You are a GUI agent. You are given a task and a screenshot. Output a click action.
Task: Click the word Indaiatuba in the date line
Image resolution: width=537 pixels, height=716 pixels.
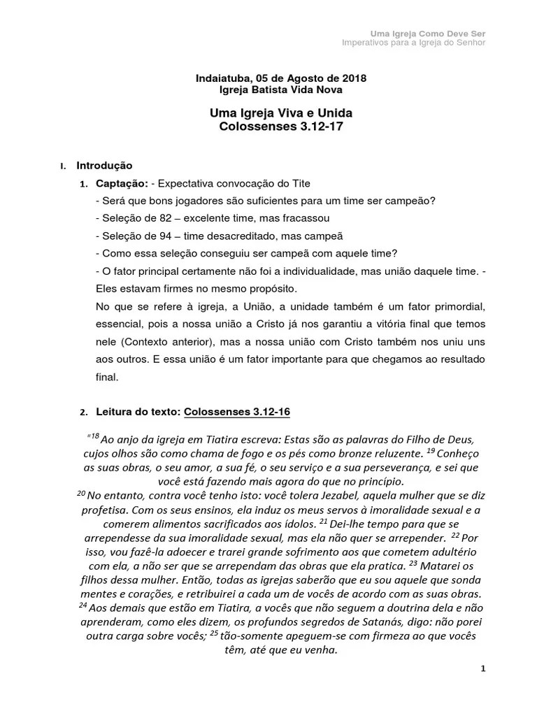coord(218,78)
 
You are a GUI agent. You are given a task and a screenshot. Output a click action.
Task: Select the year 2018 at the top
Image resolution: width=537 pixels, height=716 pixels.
coord(354,78)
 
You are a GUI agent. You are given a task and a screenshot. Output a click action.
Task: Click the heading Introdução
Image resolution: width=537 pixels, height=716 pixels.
coord(103,166)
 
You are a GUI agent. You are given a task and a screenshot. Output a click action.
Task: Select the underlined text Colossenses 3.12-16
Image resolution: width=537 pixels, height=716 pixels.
coord(236,412)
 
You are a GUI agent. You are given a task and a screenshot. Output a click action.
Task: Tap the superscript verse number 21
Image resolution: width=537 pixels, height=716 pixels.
coord(323,522)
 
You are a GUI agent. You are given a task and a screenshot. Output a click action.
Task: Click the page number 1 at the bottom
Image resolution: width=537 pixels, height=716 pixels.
coord(482,668)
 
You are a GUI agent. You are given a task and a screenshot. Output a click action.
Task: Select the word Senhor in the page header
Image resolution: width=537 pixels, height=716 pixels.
coord(471,42)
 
